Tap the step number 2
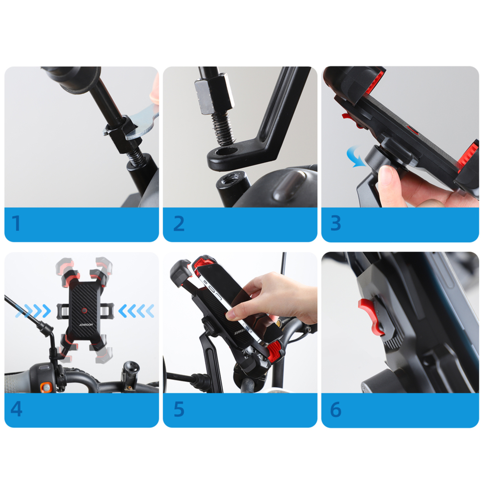click(x=179, y=223)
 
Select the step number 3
click(x=336, y=223)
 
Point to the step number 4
click(x=16, y=409)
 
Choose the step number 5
click(x=179, y=409)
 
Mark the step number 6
click(x=336, y=409)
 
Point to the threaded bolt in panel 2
click(x=223, y=128)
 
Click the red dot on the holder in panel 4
click(x=84, y=311)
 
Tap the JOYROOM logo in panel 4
click(x=86, y=325)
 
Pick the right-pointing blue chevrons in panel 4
click(x=33, y=311)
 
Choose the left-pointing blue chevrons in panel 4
click(x=136, y=311)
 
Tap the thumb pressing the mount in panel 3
click(x=390, y=184)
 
